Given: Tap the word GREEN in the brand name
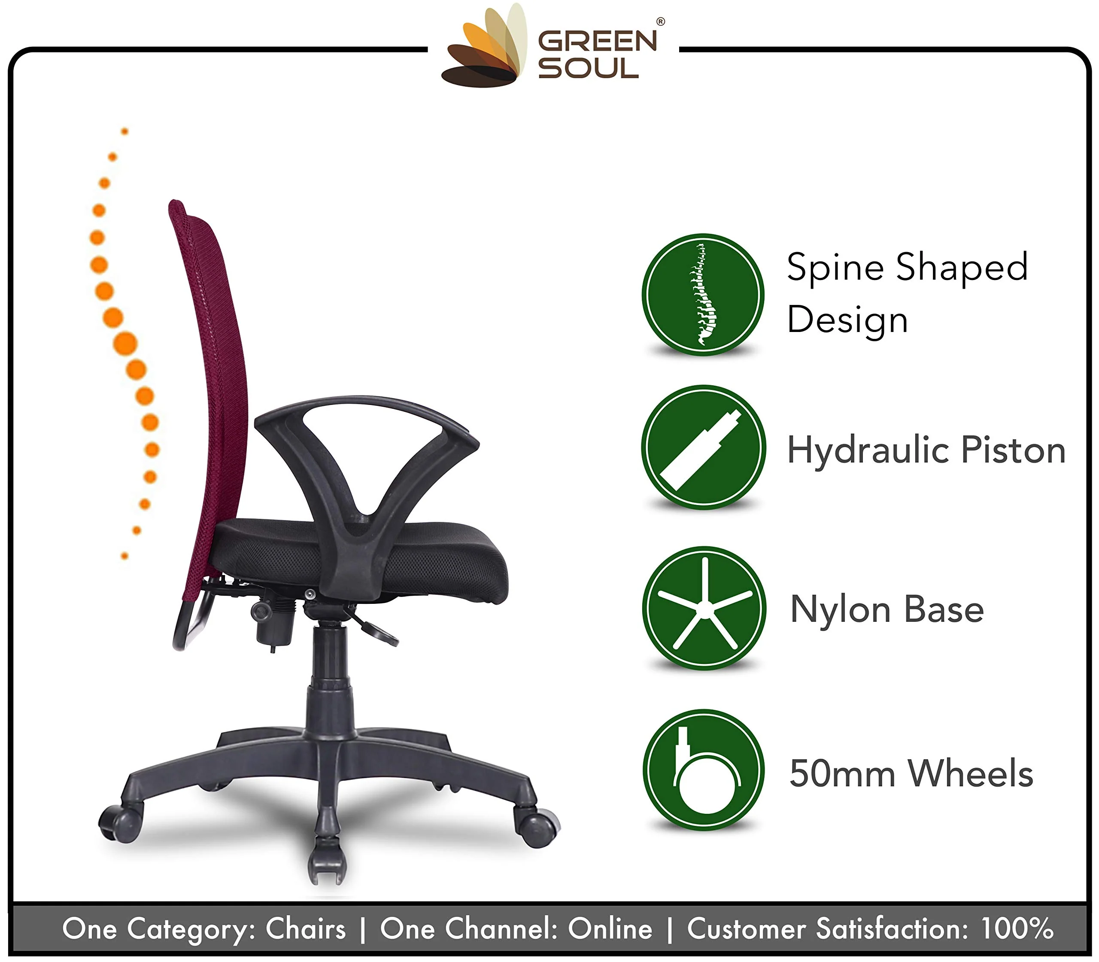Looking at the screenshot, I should [597, 41].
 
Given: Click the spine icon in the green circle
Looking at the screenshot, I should [703, 295].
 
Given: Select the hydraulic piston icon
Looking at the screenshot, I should [704, 447].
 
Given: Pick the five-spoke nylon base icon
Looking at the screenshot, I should [704, 608].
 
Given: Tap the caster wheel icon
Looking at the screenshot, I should [704, 770].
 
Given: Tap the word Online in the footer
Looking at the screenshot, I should [610, 928].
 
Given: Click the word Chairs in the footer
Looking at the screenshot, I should [306, 928].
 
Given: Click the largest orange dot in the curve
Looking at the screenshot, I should [125, 344].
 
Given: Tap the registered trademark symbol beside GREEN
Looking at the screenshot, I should [661, 22].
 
